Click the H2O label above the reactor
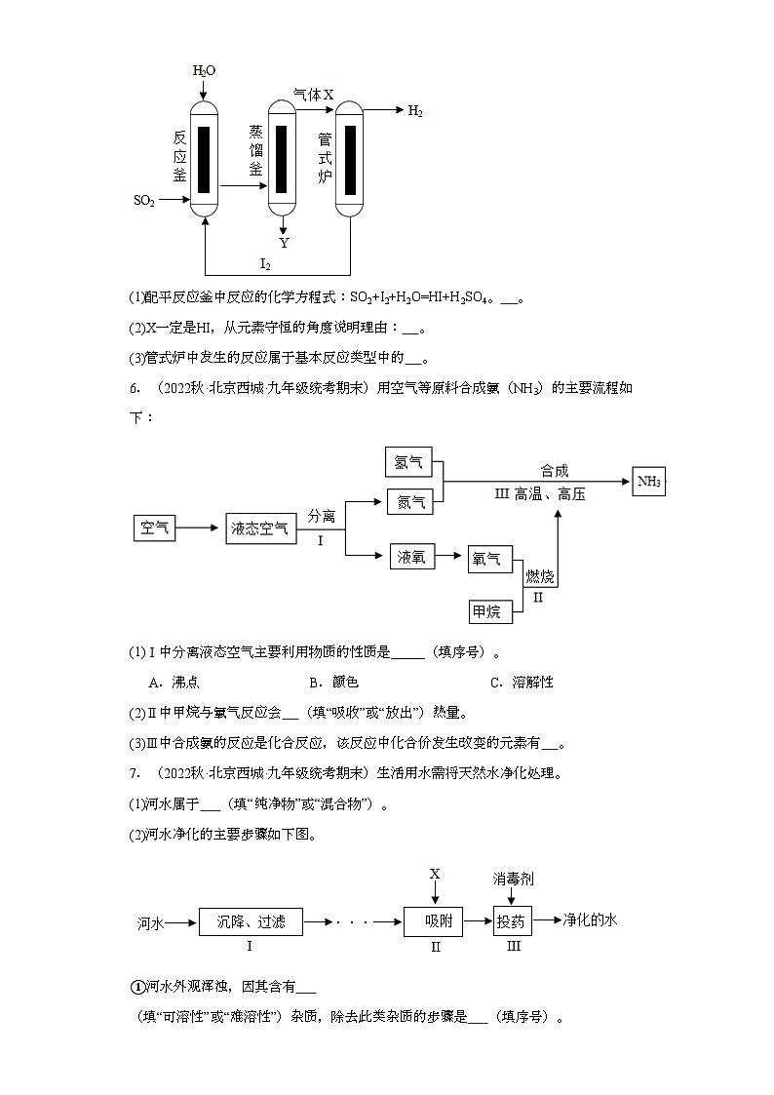click(204, 71)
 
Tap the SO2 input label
click(143, 201)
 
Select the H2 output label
click(414, 111)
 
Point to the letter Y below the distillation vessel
click(284, 243)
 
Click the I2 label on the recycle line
click(264, 263)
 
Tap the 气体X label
click(314, 95)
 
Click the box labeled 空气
click(154, 528)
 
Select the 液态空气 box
click(259, 528)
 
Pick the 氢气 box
click(410, 462)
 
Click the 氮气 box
click(410, 502)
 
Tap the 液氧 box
click(410, 557)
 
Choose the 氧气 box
click(486, 559)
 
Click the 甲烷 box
click(486, 611)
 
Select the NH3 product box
click(648, 482)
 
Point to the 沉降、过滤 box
click(251, 920)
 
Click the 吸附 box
click(434, 921)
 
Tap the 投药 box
click(512, 921)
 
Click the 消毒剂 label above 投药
click(513, 879)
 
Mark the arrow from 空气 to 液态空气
click(200, 528)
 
